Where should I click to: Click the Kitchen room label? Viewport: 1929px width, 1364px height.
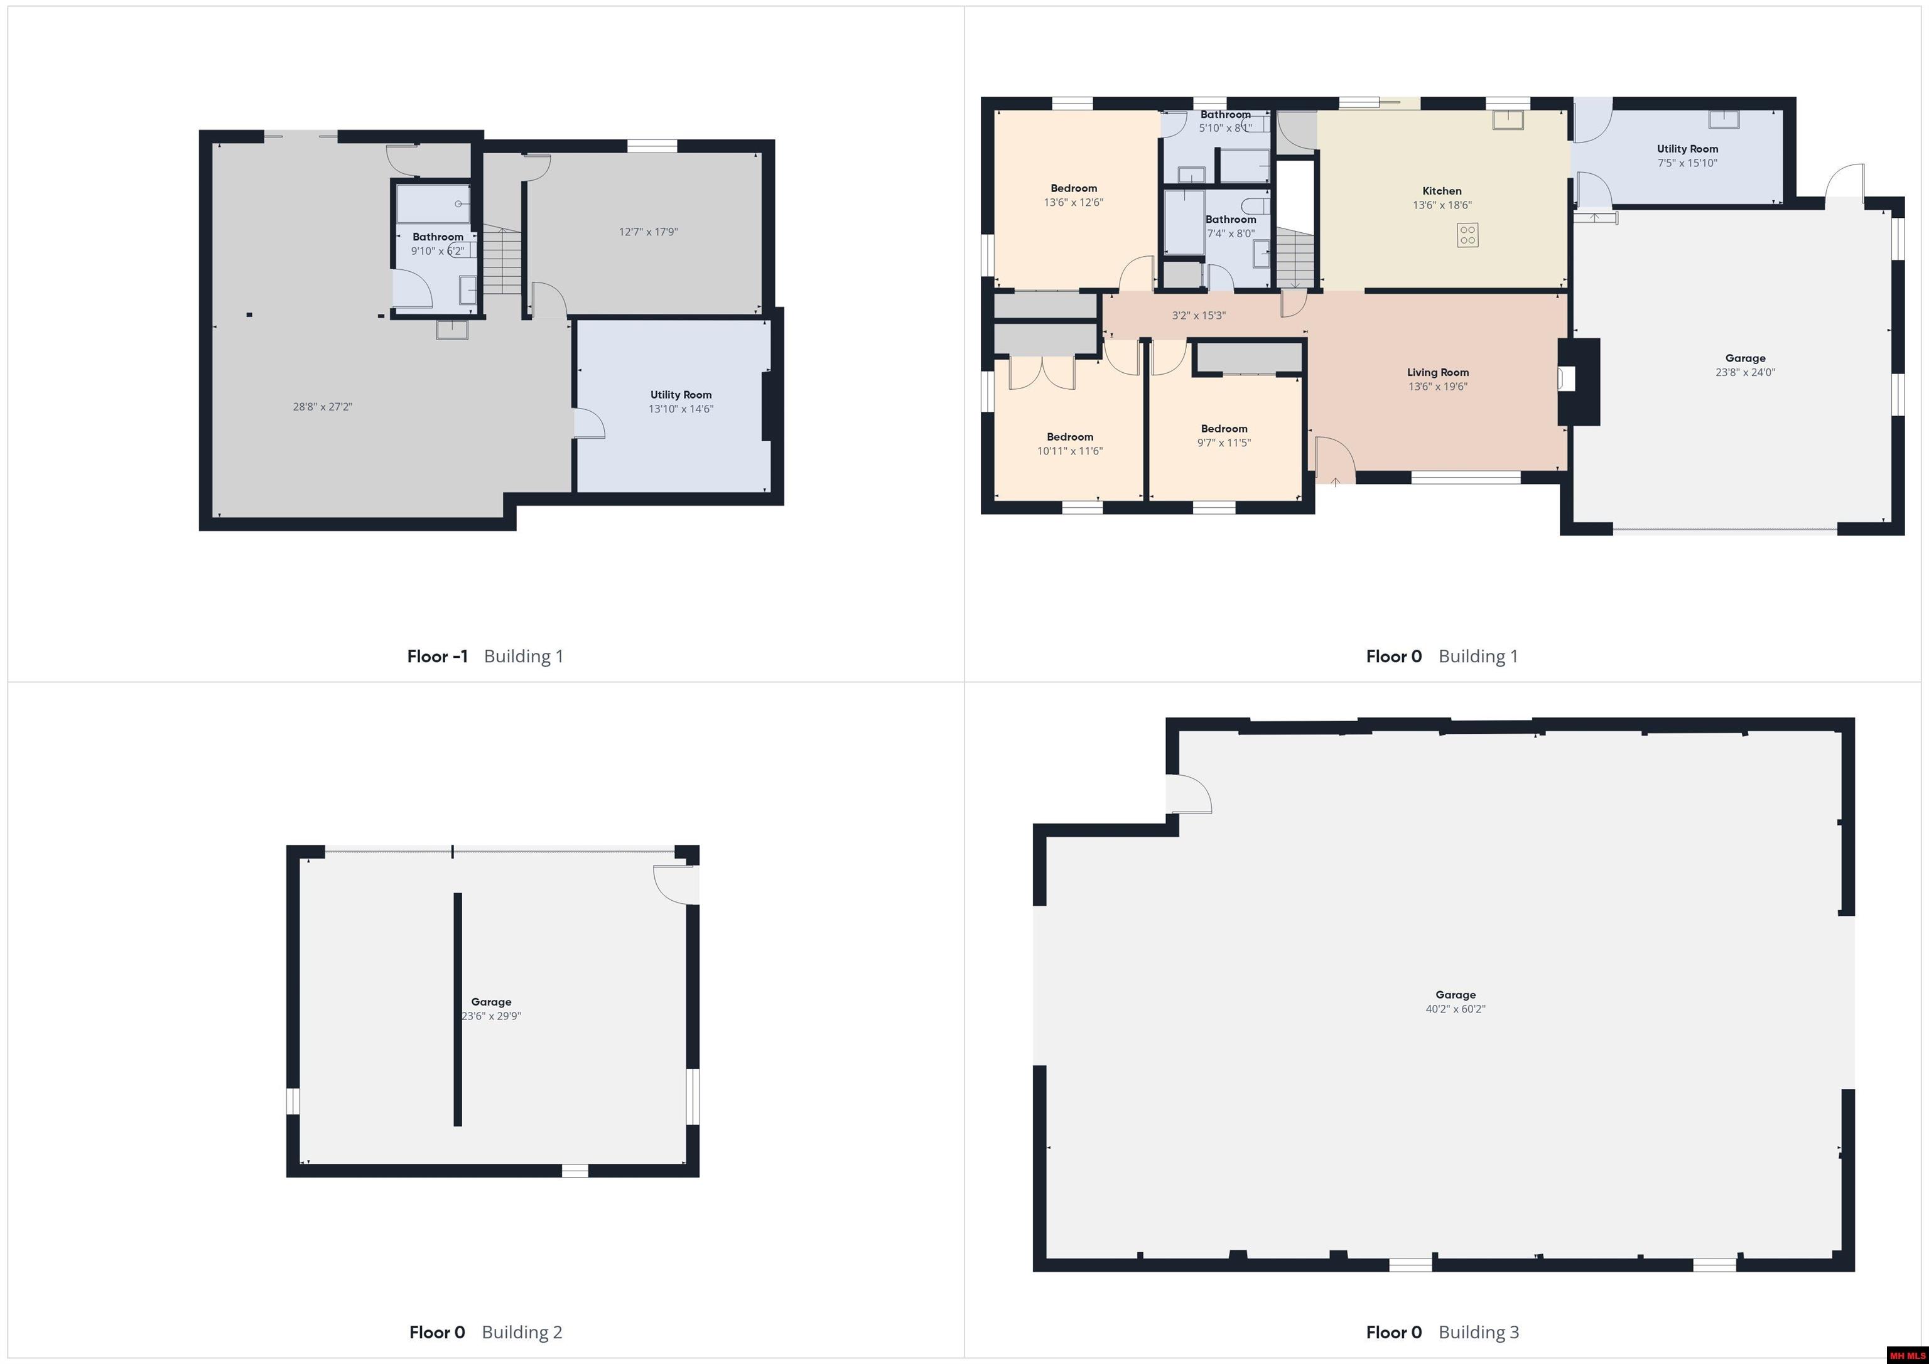pos(1442,191)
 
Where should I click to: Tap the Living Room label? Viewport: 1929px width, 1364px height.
pos(1437,372)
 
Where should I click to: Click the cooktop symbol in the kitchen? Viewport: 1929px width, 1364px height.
pos(1467,235)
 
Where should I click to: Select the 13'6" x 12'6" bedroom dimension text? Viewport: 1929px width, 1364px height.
pos(1074,202)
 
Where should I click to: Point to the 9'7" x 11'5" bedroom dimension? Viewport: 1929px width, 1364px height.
pos(1224,443)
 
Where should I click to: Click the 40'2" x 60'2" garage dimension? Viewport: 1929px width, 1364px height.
pos(1455,1009)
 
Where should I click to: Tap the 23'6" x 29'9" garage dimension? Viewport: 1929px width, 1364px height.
pos(492,1016)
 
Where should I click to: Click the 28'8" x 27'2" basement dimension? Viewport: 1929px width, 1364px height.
pos(323,407)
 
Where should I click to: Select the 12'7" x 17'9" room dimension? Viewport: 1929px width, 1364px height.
pos(649,232)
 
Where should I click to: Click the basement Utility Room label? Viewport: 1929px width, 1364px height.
pos(681,395)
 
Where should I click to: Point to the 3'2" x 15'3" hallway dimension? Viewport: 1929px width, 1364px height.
pos(1199,316)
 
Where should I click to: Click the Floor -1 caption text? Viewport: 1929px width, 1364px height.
pos(438,656)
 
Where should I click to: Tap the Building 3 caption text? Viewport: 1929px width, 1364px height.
pos(1479,1331)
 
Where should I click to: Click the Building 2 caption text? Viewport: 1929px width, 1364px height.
pos(522,1331)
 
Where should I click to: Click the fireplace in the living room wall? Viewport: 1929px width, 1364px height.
pos(1578,380)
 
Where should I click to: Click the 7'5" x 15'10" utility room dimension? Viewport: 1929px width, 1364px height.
pos(1687,163)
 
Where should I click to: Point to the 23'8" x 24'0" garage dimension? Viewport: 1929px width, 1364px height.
pos(1745,372)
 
